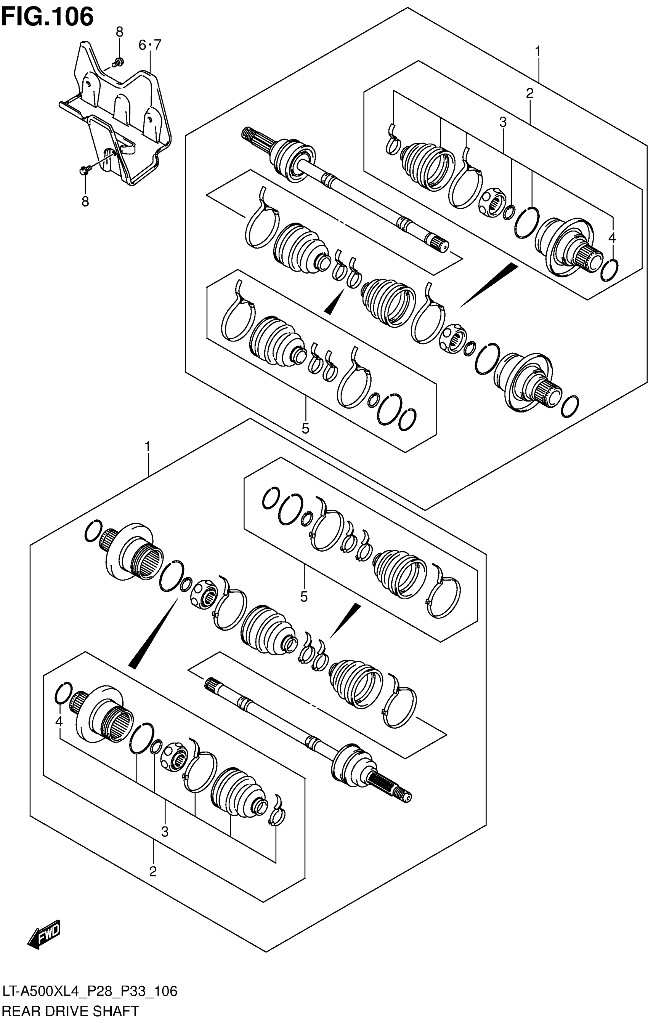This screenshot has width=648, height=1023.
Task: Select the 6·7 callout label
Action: (x=150, y=45)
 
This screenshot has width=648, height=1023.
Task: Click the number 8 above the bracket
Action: (x=119, y=32)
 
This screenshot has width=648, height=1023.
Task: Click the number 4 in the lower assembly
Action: (x=59, y=721)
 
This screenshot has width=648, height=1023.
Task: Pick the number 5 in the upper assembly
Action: (x=305, y=428)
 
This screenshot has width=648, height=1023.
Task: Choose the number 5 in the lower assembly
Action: (x=303, y=597)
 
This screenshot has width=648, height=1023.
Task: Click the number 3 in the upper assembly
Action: (x=503, y=122)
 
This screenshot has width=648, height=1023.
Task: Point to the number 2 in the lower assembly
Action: (x=153, y=871)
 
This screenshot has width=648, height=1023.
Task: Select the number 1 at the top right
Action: (x=537, y=51)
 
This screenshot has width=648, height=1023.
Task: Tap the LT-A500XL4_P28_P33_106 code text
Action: (x=89, y=991)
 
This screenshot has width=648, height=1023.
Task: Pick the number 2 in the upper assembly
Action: (x=529, y=93)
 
